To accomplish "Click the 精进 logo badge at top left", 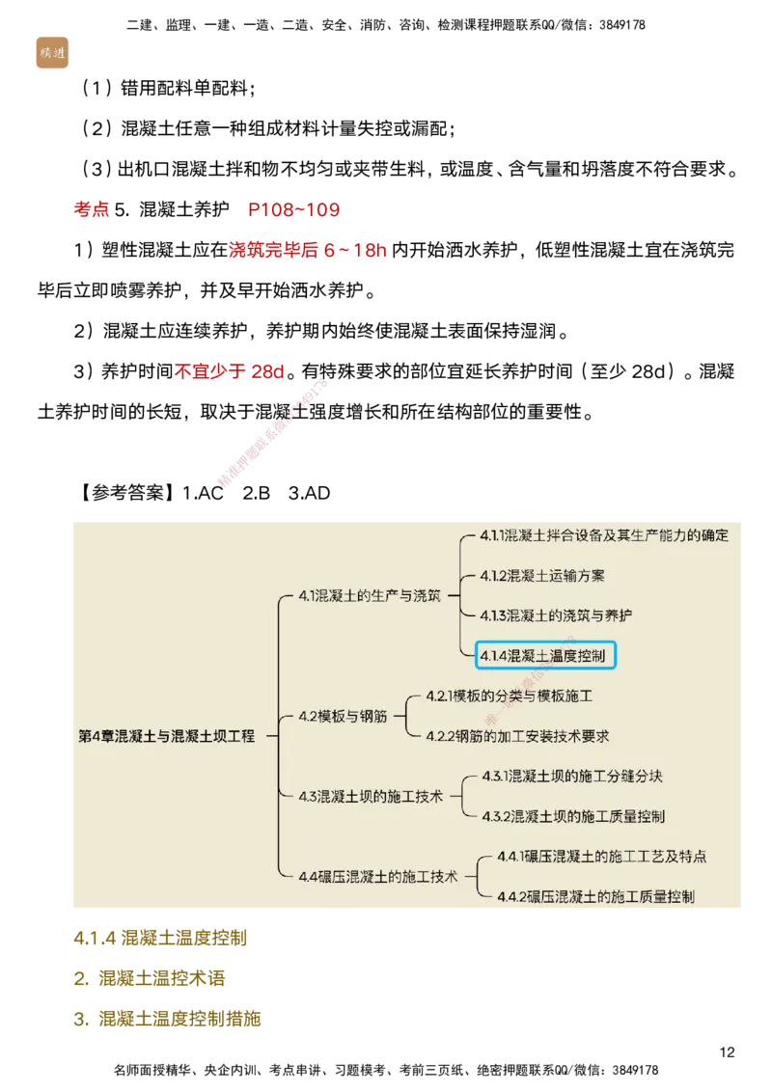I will point(50,51).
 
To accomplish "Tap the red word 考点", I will point(93,209).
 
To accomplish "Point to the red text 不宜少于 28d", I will point(230,371).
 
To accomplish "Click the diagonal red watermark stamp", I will point(273,433).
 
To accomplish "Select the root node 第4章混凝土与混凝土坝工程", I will point(167,736).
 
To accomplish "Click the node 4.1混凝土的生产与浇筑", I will point(370,595).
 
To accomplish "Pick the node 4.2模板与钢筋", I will point(343,716).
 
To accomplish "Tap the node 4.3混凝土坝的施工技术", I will point(371,797).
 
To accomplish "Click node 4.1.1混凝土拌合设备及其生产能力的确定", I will point(604,535).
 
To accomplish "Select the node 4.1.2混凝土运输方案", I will point(542,576).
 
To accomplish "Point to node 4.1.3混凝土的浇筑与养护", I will point(557,615).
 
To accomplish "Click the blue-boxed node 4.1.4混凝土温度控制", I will point(546,656).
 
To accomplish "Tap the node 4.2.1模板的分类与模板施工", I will point(509,696).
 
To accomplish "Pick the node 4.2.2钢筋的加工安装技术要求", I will point(517,736).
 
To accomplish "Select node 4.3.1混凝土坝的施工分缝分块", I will point(571,777).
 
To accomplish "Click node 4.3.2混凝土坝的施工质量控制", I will point(573,817).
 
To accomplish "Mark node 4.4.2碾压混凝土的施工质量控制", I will point(595,897).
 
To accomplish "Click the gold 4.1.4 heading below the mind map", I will point(160,937).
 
